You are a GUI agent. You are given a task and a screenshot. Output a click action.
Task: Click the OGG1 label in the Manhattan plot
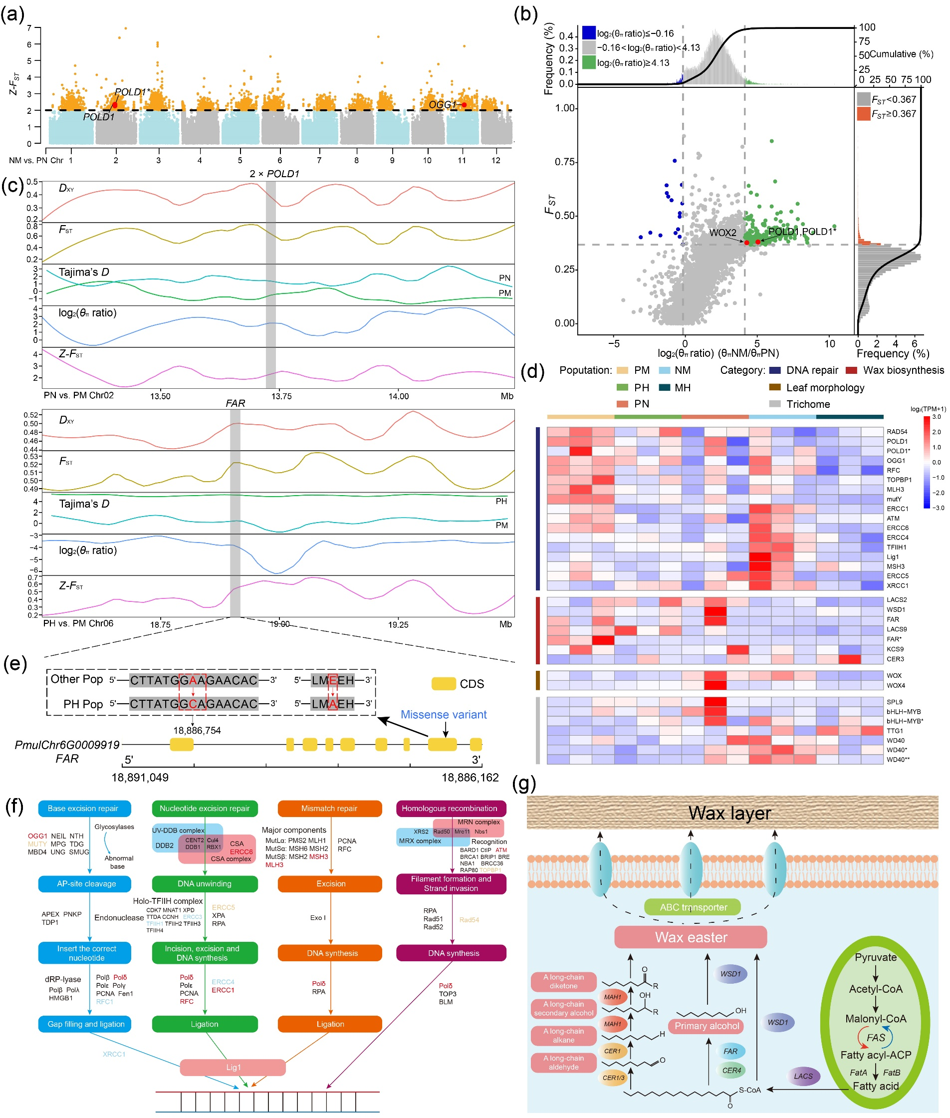[x=442, y=104]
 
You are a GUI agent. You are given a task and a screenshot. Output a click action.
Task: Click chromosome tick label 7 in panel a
[x=319, y=160]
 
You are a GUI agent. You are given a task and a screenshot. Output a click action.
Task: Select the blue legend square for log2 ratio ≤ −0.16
[x=589, y=33]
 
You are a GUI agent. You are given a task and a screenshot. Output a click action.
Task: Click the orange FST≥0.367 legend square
[x=863, y=114]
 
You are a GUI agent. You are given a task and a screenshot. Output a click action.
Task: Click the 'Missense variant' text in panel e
[x=443, y=714]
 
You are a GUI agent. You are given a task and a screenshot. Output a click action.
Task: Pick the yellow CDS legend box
[x=443, y=684]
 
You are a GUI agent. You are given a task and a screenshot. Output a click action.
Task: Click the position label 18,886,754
[x=197, y=731]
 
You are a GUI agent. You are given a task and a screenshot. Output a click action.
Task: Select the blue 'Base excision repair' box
[x=84, y=808]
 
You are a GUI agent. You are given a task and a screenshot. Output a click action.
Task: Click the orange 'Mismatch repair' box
[x=330, y=808]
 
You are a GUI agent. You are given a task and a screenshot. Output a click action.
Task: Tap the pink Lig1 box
[x=233, y=1068]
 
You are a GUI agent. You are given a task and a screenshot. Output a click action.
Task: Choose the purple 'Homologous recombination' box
[x=451, y=808]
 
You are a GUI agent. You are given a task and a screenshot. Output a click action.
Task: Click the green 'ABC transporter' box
[x=693, y=907]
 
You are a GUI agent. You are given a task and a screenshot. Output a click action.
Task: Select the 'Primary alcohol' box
[x=706, y=1026]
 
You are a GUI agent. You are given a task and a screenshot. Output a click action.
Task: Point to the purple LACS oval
[x=803, y=1076]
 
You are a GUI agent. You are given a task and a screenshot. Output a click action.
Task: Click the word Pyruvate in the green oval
[x=875, y=957]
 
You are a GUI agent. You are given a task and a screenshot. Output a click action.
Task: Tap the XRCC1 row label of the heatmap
[x=897, y=585]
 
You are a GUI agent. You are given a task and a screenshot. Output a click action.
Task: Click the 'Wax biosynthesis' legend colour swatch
[x=851, y=370]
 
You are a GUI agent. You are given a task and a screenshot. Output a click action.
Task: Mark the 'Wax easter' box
[x=691, y=937]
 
